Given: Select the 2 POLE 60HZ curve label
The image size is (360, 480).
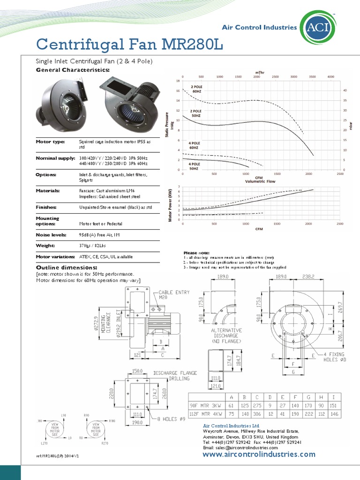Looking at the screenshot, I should (196, 89).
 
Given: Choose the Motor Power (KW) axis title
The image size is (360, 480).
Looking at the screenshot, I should (171, 205).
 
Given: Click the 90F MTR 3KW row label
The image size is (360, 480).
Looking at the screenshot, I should (205, 404).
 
